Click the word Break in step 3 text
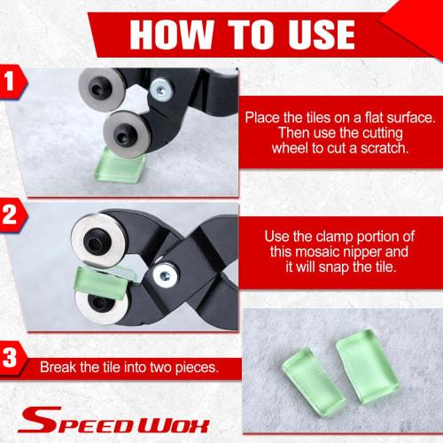58,365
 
